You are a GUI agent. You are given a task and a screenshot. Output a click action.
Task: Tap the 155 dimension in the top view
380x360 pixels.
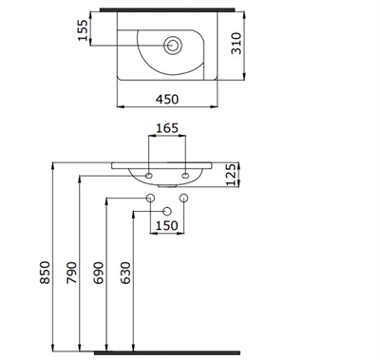coord(83,31)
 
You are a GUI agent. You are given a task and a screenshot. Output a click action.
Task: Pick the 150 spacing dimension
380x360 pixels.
coord(166,226)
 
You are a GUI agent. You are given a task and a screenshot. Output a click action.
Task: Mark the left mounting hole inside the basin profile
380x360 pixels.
coord(150,175)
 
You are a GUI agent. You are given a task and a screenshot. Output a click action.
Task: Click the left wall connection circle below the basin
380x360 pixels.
coord(150,198)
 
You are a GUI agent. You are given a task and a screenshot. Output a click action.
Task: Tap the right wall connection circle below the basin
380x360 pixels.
coord(183,198)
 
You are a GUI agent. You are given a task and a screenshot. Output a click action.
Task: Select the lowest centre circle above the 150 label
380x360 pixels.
coord(166,210)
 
